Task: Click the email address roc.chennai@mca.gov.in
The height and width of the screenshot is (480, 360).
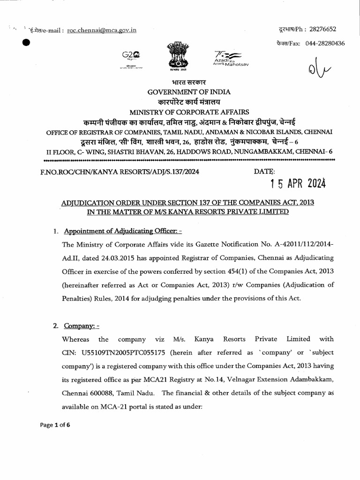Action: tap(102, 30)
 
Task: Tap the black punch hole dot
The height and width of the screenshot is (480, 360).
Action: tap(26, 42)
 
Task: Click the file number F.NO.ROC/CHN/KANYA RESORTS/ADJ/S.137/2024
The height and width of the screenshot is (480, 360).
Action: tap(120, 172)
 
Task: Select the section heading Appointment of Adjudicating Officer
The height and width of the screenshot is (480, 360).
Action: tap(119, 231)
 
